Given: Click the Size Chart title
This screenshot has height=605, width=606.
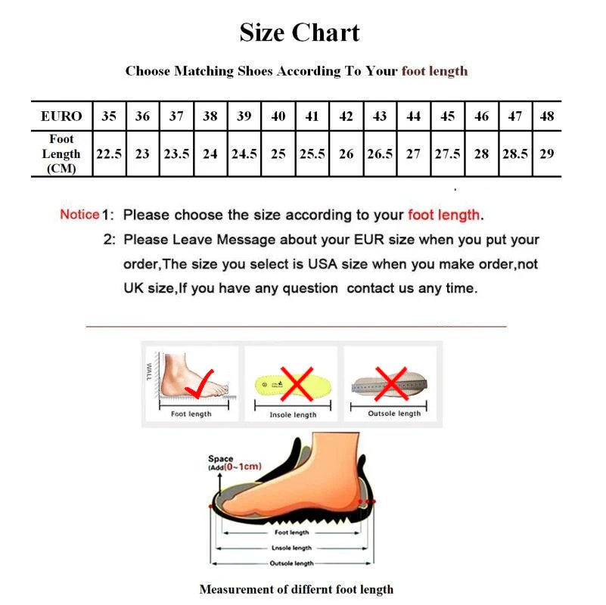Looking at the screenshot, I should point(300,33).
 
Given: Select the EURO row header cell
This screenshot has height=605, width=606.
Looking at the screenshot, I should point(61,116).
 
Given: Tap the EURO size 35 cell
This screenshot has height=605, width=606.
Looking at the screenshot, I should point(109,116).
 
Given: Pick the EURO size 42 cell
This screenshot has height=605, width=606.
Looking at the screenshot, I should point(346,116).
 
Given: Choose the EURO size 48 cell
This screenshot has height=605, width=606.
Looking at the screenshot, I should point(547,116).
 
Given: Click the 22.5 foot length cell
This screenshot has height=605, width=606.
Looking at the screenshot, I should point(109,154).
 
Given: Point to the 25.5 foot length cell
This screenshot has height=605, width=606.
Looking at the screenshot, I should point(312,154).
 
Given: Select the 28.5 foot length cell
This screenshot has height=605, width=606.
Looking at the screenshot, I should point(514,154).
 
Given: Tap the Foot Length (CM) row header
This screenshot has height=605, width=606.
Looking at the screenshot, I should point(61,154).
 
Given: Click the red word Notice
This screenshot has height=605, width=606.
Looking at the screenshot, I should point(79,214).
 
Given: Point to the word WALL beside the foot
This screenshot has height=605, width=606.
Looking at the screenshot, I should point(150,374).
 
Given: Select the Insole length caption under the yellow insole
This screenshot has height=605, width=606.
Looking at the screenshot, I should point(293,415).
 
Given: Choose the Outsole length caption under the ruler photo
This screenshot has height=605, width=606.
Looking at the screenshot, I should point(394,414).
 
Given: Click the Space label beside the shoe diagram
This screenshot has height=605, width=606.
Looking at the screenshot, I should point(221,459).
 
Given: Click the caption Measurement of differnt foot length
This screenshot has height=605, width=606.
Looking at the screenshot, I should point(296,589).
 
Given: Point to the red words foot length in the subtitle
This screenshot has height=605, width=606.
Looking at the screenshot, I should point(434,71).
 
